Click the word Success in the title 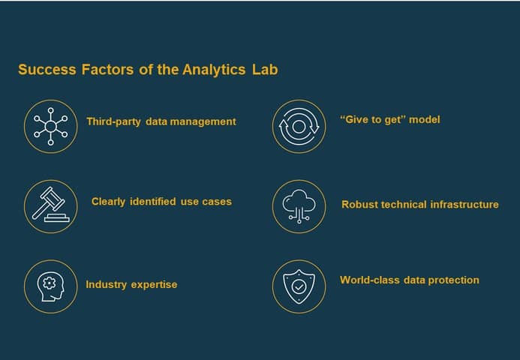tap(47, 70)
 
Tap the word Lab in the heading tap(265, 70)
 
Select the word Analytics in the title tap(214, 70)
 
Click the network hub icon tap(51, 126)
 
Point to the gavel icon tap(51, 204)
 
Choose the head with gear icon tap(50, 286)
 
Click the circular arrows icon tap(299, 126)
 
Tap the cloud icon tap(299, 206)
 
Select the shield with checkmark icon tap(299, 286)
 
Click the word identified tap(153, 202)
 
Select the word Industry tap(106, 285)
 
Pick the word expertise tap(155, 285)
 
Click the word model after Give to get tap(425, 120)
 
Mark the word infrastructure tap(464, 205)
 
